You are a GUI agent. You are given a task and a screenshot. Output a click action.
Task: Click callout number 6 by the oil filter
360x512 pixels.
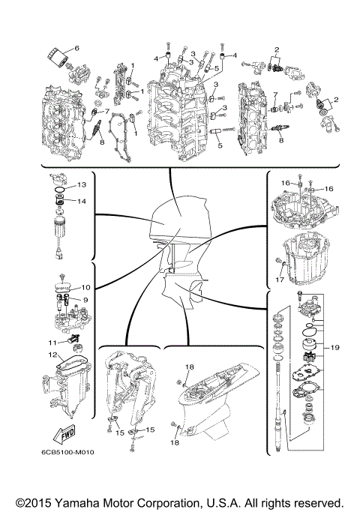(76, 48)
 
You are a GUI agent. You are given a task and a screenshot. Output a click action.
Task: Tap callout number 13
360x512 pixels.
(82, 184)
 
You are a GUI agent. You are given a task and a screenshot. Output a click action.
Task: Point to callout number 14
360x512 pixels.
(82, 201)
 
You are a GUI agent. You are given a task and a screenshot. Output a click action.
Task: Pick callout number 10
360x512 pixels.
(86, 287)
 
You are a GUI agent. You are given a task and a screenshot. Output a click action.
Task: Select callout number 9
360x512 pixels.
(85, 300)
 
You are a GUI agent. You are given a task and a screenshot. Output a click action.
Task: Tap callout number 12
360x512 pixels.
(52, 355)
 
